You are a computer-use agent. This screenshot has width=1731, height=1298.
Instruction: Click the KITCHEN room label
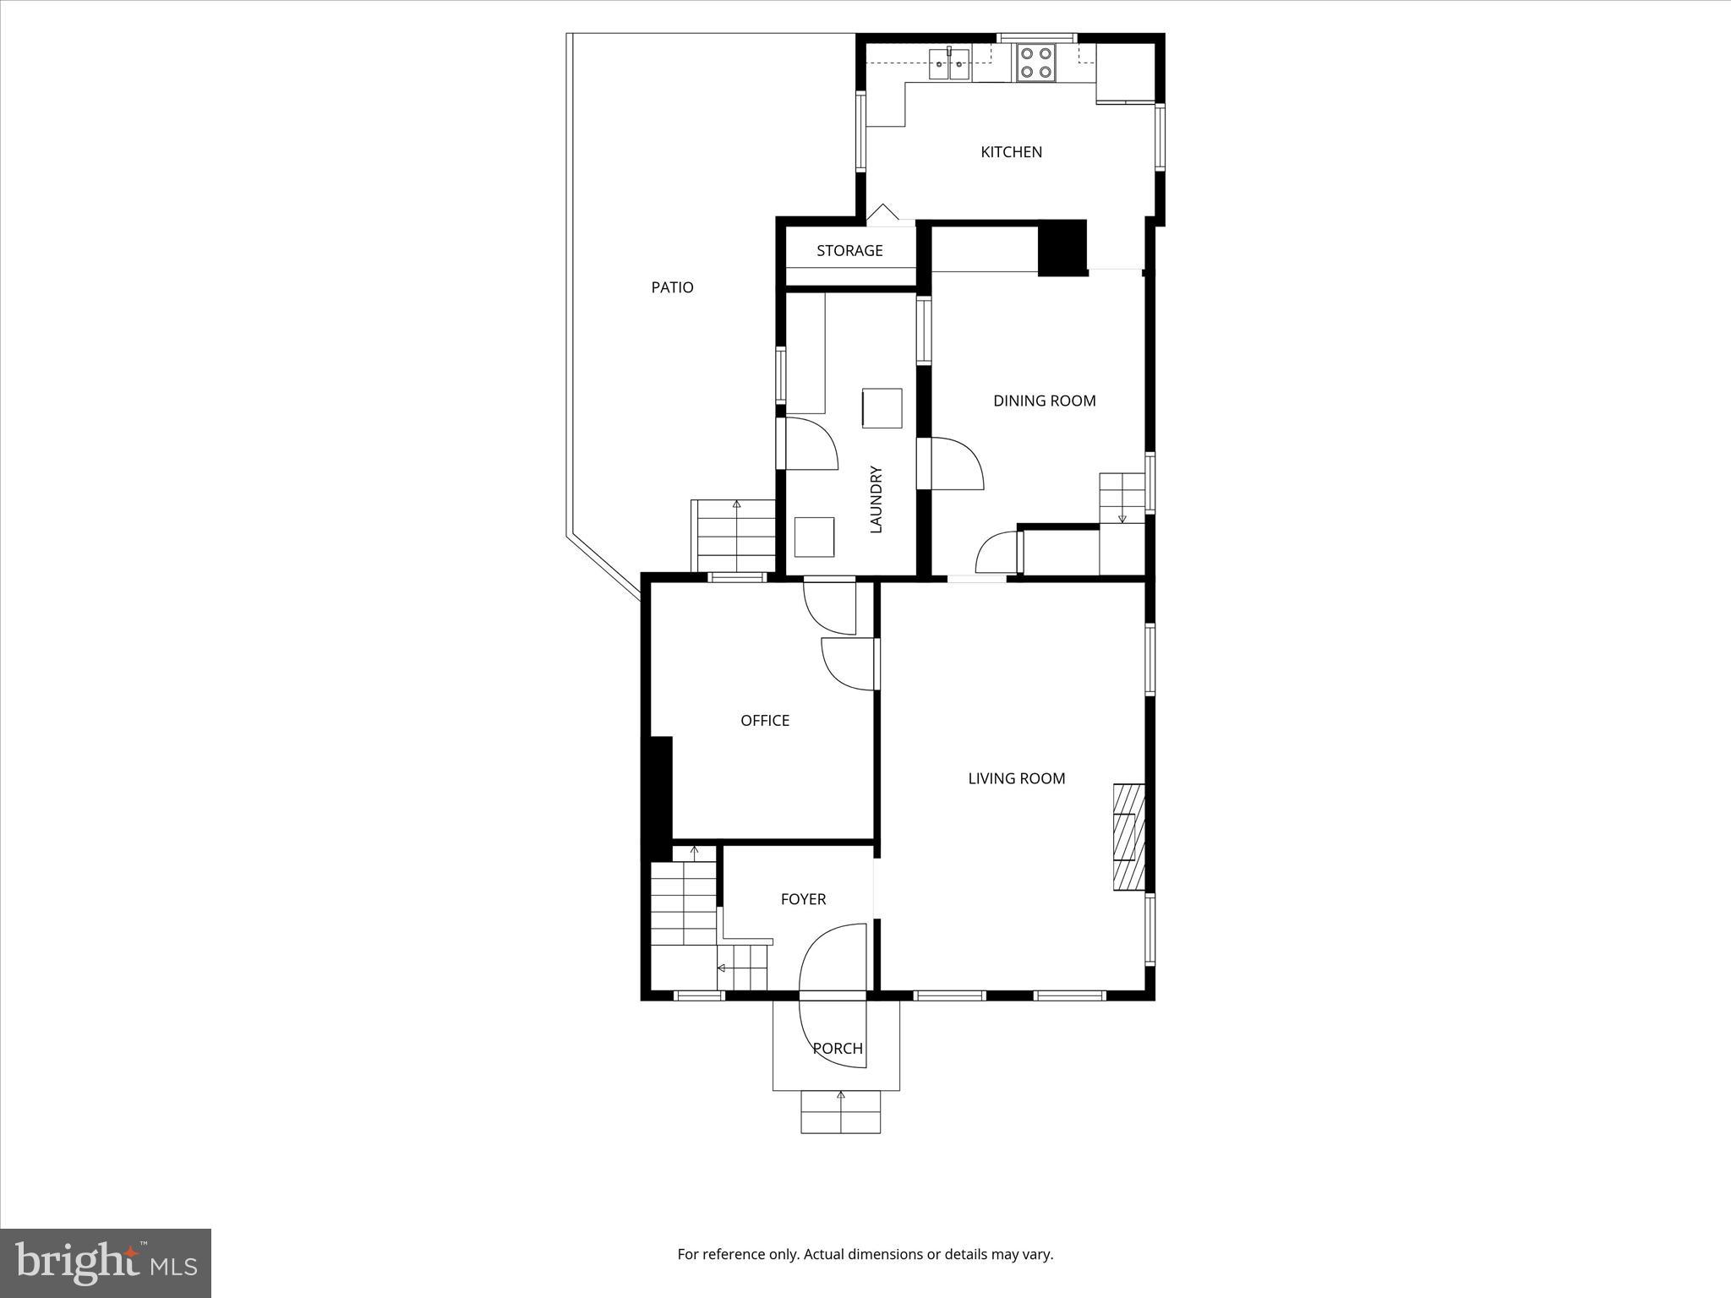pyautogui.click(x=1011, y=152)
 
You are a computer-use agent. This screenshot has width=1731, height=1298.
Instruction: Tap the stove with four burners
pyautogui.click(x=1035, y=62)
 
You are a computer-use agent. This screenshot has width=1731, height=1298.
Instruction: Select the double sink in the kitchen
pyautogui.click(x=950, y=64)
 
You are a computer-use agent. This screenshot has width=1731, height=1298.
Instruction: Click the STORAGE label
pyautogui.click(x=849, y=251)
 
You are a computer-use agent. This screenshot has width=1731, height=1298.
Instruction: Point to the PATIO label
pyautogui.click(x=672, y=287)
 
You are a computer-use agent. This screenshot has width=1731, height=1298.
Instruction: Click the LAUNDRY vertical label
pyautogui.click(x=876, y=499)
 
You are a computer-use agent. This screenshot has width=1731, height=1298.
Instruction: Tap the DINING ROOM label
pyautogui.click(x=1044, y=401)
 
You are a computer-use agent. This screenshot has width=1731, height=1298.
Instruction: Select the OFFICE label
pyautogui.click(x=765, y=721)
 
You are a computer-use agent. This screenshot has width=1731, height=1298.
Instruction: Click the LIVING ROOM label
pyautogui.click(x=1016, y=778)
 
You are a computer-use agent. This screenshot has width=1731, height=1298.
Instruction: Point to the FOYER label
pyautogui.click(x=803, y=899)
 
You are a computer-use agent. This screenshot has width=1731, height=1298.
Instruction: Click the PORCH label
pyautogui.click(x=838, y=1049)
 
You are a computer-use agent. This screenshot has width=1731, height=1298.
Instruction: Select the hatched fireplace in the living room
pyautogui.click(x=1128, y=837)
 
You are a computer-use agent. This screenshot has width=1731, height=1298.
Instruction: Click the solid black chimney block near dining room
pyautogui.click(x=1062, y=248)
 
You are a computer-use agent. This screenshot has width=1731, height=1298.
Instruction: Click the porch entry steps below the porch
pyautogui.click(x=840, y=1112)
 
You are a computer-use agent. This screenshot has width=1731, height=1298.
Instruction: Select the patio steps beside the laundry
pyautogui.click(x=734, y=536)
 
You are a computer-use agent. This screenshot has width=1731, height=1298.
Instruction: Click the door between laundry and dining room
pyautogui.click(x=955, y=463)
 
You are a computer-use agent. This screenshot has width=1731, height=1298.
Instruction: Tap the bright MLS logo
pyautogui.click(x=106, y=1263)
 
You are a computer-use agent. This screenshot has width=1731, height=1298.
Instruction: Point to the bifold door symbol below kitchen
pyautogui.click(x=884, y=214)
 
